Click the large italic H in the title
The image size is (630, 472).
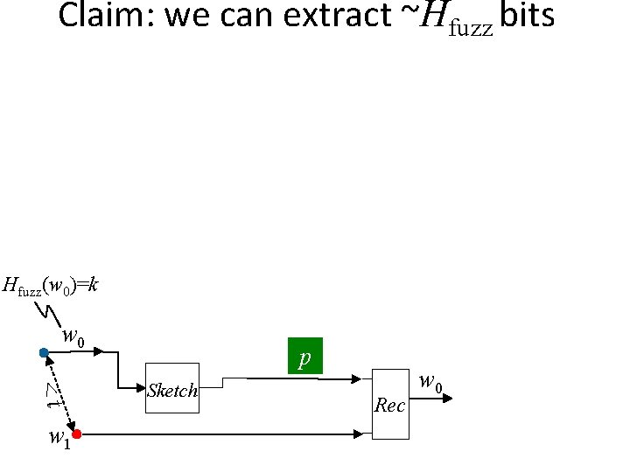coord(434,17)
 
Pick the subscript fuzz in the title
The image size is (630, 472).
coord(473,26)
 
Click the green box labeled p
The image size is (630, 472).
coord(305,356)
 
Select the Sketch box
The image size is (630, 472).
coord(172,388)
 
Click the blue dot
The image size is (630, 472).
coord(44,353)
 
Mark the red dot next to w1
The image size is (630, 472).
coord(77,434)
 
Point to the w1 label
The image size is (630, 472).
coord(59,436)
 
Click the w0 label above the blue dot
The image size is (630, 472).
coord(73,337)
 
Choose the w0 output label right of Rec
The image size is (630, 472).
coord(430,381)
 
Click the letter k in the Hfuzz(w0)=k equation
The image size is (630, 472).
coord(92,285)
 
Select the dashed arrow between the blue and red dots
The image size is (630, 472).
coord(59,392)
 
